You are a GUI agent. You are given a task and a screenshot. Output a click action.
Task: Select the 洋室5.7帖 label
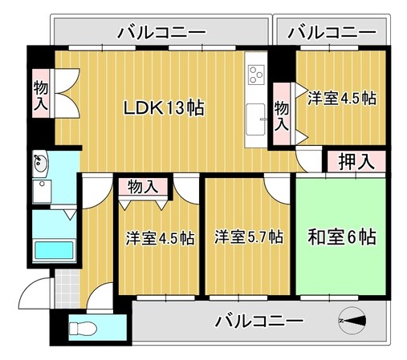(x=248, y=237)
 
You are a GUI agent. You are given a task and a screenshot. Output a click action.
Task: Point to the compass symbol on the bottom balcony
(x=352, y=321)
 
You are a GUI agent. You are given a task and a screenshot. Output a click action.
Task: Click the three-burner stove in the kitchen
(x=256, y=75)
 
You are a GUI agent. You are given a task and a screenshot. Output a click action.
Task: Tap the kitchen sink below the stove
(x=256, y=118)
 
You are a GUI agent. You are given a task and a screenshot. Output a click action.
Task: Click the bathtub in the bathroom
(x=54, y=250)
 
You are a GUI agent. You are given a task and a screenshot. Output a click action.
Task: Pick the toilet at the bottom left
(x=83, y=329)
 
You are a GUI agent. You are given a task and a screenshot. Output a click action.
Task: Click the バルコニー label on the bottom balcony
(x=258, y=322)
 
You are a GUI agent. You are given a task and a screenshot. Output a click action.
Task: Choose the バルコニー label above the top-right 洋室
(x=331, y=33)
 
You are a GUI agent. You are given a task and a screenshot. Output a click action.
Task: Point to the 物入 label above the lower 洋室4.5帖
(x=143, y=188)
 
